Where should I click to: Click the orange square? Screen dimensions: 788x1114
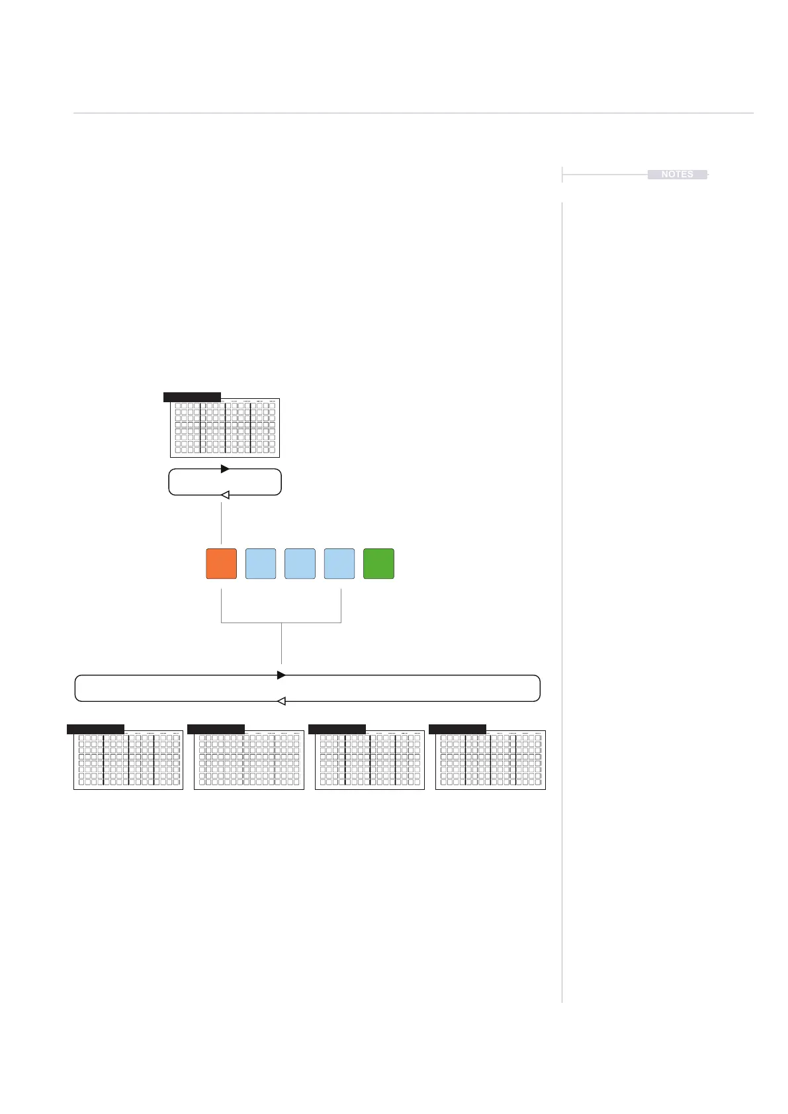(x=221, y=564)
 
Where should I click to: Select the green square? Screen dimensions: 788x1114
(x=378, y=564)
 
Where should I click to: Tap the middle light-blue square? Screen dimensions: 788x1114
(x=300, y=564)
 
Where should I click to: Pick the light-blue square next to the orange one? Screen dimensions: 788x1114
(x=261, y=564)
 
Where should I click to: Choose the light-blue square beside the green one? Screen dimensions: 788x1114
(x=339, y=564)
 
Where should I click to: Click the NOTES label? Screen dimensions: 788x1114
(x=677, y=175)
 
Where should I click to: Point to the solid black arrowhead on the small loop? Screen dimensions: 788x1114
(x=225, y=469)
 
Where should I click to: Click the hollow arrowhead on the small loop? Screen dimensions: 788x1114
(x=225, y=495)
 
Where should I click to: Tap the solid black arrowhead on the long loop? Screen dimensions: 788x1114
(x=281, y=675)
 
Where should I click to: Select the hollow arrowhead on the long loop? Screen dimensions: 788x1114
(x=281, y=701)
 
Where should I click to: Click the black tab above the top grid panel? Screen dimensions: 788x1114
(x=192, y=397)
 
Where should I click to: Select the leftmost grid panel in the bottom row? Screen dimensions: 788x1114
(x=128, y=760)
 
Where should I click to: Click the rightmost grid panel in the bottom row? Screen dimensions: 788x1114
(x=490, y=760)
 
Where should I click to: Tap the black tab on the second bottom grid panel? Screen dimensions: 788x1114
(x=216, y=729)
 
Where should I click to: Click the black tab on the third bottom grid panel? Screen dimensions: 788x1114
(x=337, y=729)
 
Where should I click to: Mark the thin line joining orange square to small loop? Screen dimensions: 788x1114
(x=221, y=523)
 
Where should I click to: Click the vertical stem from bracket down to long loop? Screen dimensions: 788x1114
(x=282, y=643)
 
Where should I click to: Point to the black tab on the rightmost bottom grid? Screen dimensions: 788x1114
(x=457, y=729)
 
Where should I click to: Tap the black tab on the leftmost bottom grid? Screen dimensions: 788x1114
(x=95, y=729)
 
